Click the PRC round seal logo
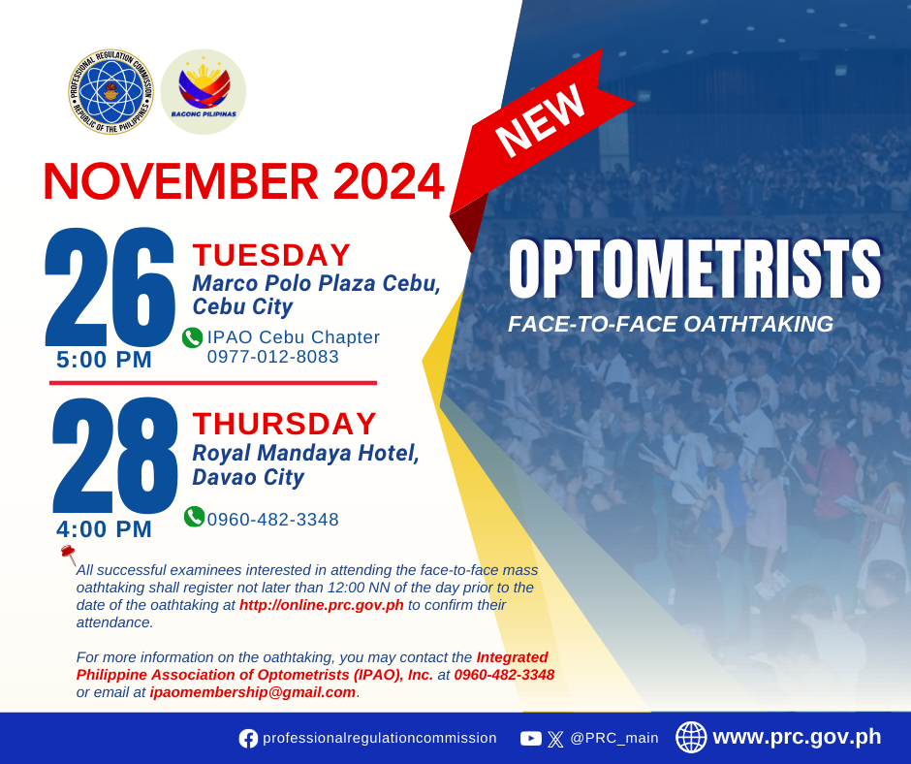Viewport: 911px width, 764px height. tap(110, 92)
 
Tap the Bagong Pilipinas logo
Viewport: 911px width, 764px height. tap(204, 92)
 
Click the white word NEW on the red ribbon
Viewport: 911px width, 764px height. tap(540, 121)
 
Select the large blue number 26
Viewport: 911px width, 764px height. tap(110, 287)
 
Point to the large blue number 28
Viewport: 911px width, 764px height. tap(114, 455)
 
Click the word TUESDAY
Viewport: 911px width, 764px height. tap(272, 255)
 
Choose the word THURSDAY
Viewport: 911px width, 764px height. tap(285, 424)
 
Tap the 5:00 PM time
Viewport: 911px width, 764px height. tap(104, 360)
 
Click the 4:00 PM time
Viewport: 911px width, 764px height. tap(104, 529)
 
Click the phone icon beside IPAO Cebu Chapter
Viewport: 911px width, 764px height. tap(192, 337)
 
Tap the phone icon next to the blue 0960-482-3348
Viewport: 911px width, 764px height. tap(194, 517)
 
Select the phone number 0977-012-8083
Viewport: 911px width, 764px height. tap(273, 357)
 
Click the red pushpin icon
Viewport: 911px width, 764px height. tap(69, 555)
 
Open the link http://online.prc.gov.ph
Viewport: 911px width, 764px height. tap(322, 605)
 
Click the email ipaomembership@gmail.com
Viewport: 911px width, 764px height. tap(253, 692)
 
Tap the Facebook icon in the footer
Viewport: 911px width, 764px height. tap(248, 739)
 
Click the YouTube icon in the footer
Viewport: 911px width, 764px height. tap(531, 739)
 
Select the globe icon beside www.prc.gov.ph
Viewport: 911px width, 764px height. tap(691, 737)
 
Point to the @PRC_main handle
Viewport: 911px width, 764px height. tap(614, 739)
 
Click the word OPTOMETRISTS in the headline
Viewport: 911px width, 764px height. tap(695, 269)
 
